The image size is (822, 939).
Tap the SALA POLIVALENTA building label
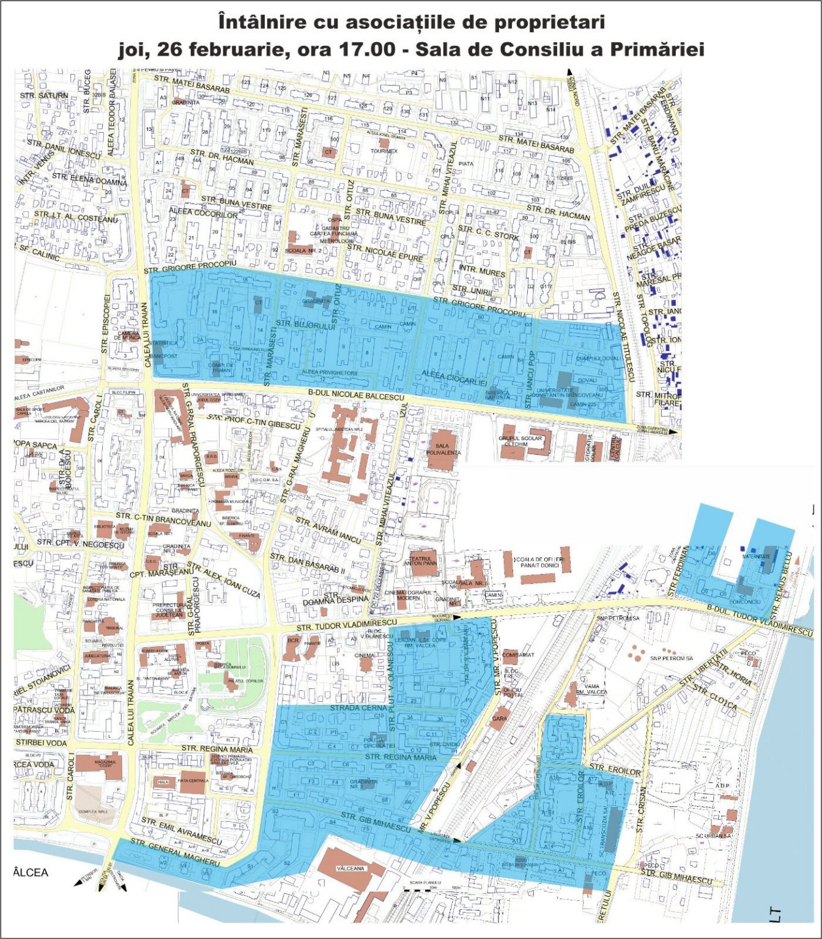coord(442,450)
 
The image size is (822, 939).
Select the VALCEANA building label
coord(350,868)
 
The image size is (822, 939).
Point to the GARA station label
coord(499,718)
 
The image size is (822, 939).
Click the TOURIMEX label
coord(383,151)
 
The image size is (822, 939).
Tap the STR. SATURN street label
coord(44,96)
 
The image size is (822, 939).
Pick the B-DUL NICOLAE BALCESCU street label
coord(357,396)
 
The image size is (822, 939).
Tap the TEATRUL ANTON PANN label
coord(420,561)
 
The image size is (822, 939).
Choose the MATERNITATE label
coord(756,556)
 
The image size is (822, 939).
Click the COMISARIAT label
coord(517,655)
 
